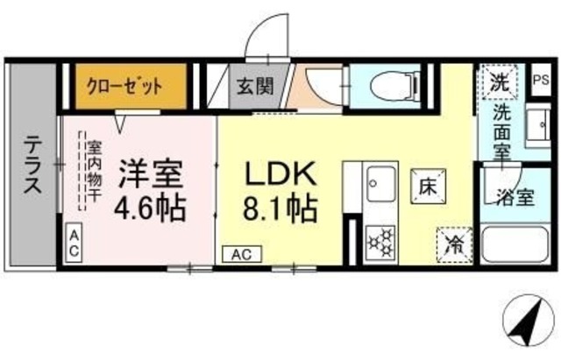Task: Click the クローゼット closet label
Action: click(x=124, y=86)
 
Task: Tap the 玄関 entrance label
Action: click(x=255, y=87)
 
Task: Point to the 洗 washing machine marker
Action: click(x=499, y=85)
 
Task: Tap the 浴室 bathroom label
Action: click(x=515, y=197)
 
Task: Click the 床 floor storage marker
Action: click(x=426, y=186)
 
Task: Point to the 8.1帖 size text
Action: click(x=279, y=209)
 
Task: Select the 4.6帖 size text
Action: click(x=152, y=209)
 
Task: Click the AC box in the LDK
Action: click(x=243, y=254)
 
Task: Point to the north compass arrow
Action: click(x=527, y=323)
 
